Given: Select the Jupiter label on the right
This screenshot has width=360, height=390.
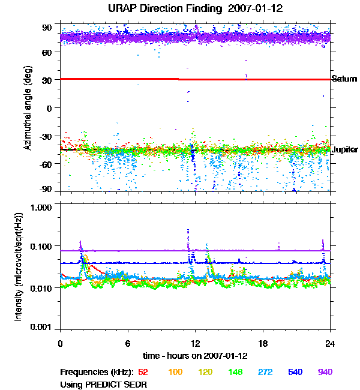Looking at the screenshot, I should tap(344, 150).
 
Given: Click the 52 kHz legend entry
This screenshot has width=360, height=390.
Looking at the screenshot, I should tap(143, 373).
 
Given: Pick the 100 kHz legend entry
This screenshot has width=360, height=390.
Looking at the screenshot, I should tap(175, 373).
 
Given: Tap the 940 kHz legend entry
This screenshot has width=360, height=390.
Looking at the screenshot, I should tap(325, 373).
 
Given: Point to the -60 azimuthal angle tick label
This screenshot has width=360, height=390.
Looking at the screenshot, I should tap(46, 164).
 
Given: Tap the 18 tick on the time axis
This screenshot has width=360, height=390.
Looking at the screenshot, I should tap(262, 343).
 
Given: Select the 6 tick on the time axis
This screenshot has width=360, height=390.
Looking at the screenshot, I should tap(127, 343).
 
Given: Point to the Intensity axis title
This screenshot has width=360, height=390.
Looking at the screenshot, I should tap(19, 267).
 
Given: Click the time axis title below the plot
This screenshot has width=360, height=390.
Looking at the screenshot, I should tap(195, 355).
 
